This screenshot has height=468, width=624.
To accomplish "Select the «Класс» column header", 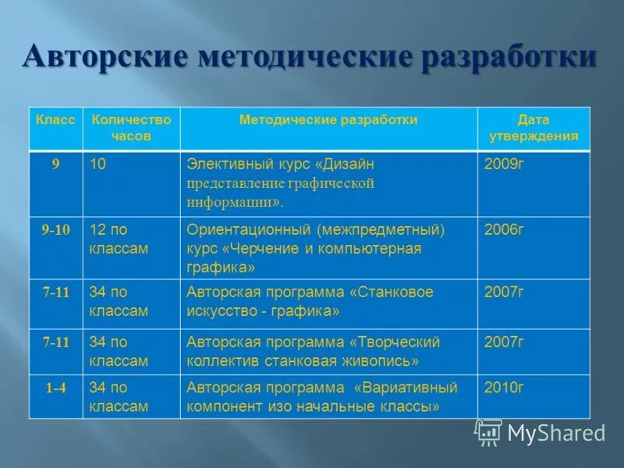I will point(55,120).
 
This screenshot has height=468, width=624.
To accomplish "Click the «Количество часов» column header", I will point(131,128).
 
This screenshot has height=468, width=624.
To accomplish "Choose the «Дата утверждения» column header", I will point(534,128).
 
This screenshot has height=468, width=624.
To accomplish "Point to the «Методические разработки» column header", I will point(328,120).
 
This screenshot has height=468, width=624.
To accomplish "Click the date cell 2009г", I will point(504,165).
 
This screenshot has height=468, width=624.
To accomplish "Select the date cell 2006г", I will point(504,229).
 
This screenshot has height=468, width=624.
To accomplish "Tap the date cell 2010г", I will point(504,388).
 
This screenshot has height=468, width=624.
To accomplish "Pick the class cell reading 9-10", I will point(55,229).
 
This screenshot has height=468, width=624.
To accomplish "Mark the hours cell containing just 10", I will point(98,165).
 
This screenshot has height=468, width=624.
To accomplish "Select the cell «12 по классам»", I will point(119,239).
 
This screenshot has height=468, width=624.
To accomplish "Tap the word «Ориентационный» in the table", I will point(249,229).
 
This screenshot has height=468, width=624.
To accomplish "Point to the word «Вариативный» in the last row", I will point(406,388).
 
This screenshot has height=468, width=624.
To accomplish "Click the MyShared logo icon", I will point(488,432).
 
